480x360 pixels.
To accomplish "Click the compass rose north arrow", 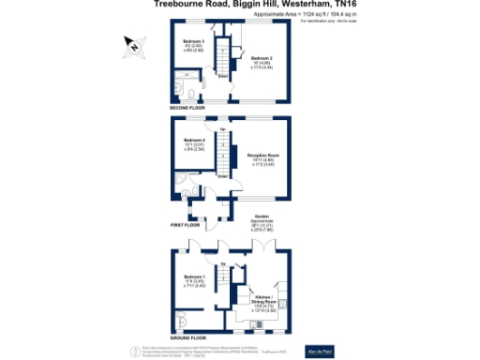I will click(134, 45).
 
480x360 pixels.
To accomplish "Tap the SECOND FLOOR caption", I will click(187, 108).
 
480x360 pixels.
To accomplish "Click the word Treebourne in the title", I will click(175, 4).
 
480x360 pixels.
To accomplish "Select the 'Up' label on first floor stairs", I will click(221, 127).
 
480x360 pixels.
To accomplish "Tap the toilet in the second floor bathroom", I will click(189, 94).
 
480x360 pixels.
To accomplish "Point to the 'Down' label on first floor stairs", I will click(222, 174).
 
